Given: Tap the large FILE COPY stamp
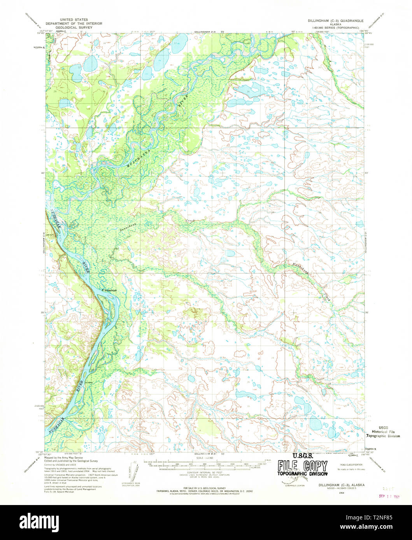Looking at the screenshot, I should [302, 466].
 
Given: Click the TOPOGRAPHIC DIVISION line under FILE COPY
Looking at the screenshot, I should [302, 474].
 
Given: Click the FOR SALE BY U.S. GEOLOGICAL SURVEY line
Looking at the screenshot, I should [199, 488].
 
